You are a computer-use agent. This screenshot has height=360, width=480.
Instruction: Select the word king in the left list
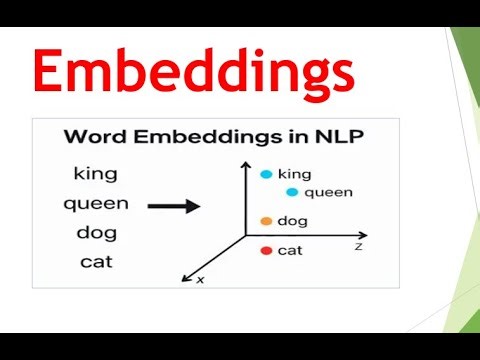95,173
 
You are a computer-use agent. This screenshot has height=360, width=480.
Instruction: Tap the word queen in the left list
95,204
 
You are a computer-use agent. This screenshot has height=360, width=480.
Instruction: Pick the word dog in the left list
95,234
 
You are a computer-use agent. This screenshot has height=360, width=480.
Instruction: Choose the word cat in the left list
95,263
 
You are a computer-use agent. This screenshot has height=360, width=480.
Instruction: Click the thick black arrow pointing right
175,205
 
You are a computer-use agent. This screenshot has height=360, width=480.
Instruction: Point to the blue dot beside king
266,174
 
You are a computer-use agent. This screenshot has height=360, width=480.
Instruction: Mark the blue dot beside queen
292,191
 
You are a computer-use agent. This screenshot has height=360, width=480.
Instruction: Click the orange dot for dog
266,221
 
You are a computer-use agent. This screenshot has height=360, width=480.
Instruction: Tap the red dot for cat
266,250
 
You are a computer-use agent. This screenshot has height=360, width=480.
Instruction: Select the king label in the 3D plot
295,174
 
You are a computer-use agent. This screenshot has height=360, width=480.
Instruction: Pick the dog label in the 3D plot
293,221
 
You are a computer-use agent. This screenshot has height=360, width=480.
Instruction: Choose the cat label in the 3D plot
290,250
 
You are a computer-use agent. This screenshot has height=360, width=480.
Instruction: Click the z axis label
358,244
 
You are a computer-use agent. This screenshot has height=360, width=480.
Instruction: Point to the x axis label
200,280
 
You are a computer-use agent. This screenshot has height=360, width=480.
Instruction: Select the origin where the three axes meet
246,237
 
